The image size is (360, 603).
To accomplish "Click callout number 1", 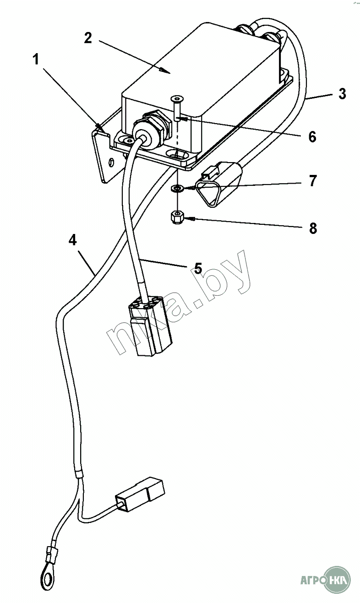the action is click(x=36, y=59).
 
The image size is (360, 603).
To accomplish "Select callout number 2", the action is click(x=88, y=38).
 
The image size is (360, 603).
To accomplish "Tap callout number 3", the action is click(x=342, y=94).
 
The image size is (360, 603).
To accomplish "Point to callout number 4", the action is click(x=73, y=239).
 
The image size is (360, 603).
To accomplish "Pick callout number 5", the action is click(x=198, y=268).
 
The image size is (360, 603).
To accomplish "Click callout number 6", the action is click(x=312, y=137).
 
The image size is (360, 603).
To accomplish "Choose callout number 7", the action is click(x=313, y=181).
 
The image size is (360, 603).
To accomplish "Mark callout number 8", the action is click(x=313, y=228).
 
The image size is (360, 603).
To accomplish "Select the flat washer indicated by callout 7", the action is click(x=177, y=188).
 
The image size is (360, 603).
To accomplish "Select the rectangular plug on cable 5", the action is click(x=149, y=325).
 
